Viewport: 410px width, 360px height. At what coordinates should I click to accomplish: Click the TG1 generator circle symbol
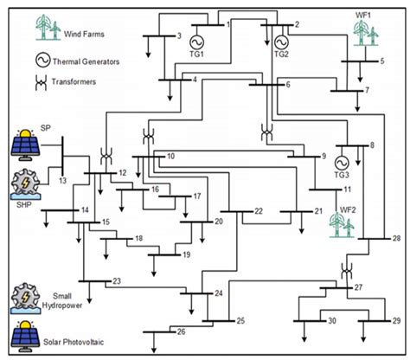click(195, 41)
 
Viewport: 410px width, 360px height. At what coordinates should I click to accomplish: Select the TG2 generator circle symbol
click(280, 41)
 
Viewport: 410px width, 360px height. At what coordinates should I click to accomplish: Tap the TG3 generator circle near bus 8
click(341, 161)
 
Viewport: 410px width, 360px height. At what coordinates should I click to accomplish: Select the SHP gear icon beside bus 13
click(25, 186)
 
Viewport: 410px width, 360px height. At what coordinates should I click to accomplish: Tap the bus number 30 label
click(332, 321)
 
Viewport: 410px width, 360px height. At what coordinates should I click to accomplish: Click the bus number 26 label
click(181, 331)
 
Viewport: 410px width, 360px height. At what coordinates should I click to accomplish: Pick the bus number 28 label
click(396, 238)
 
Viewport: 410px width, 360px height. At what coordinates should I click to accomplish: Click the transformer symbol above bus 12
click(107, 156)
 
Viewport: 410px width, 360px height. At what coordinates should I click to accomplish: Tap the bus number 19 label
click(185, 254)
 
